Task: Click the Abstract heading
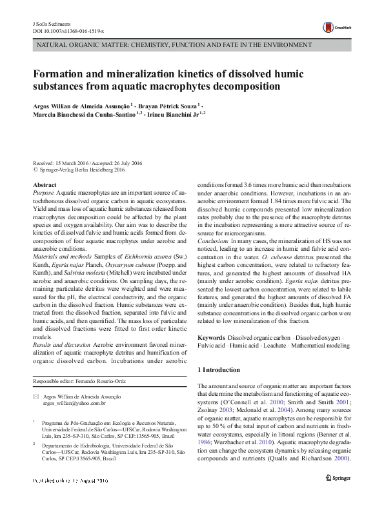45,185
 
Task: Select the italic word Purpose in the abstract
43,193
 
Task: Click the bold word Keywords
211,338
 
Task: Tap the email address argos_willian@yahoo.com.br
74,402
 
